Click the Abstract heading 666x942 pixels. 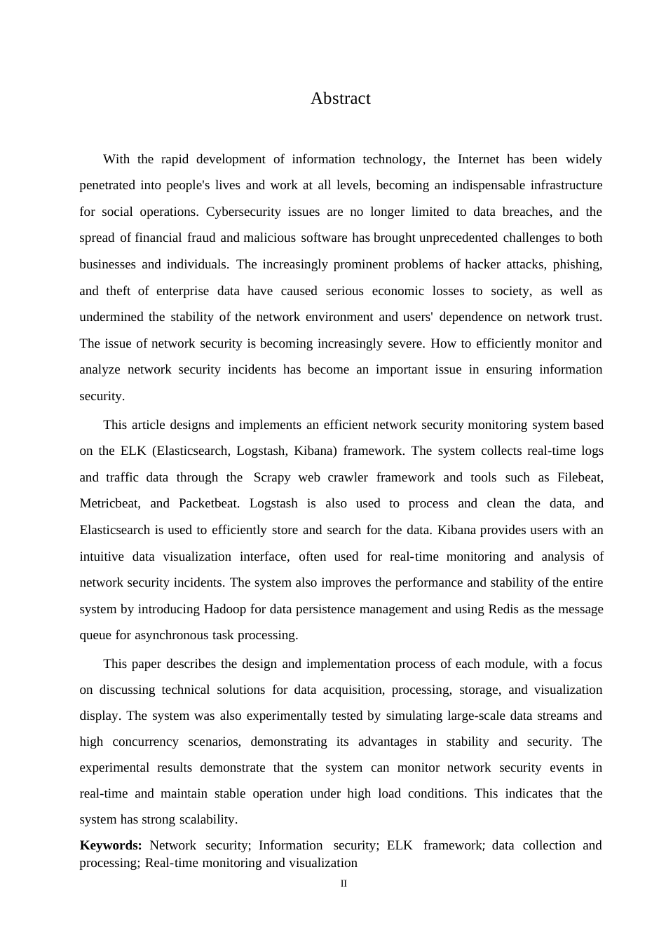click(340, 99)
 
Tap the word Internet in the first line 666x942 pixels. click(478, 160)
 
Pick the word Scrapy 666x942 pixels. click(272, 478)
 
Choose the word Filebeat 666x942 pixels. click(580, 478)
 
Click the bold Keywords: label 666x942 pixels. click(111, 846)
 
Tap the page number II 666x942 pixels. click(344, 884)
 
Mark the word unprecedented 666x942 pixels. click(458, 238)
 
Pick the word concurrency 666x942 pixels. click(145, 742)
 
